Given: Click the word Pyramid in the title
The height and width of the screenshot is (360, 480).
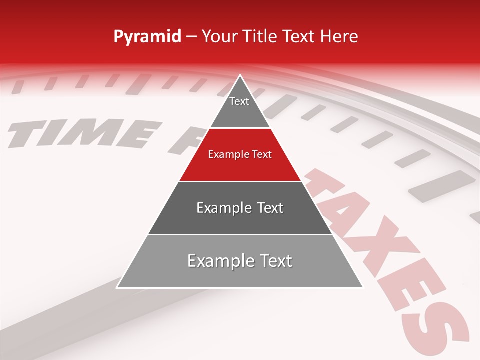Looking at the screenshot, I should click(x=147, y=37).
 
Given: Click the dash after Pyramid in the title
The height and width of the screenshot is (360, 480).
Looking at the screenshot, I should click(x=191, y=37).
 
